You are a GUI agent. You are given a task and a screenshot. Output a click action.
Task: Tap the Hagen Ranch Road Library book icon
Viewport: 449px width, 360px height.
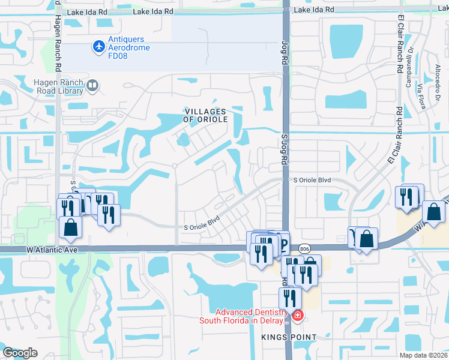(x=92, y=86)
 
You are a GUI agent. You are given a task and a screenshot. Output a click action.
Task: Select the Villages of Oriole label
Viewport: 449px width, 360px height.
(x=205, y=116)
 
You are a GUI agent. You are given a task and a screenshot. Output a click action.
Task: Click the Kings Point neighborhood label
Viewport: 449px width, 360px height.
(x=288, y=338)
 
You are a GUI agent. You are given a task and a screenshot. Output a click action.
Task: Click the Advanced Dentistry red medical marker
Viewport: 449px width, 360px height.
(x=297, y=314)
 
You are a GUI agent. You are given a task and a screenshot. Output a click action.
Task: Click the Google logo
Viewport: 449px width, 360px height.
(x=20, y=352)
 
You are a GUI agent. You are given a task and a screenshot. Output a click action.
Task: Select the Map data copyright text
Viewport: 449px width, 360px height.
(x=422, y=355)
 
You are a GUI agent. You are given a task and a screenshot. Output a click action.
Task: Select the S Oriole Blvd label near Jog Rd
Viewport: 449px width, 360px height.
(x=312, y=179)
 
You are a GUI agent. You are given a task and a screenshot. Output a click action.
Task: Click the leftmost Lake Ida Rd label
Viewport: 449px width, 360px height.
(x=87, y=12)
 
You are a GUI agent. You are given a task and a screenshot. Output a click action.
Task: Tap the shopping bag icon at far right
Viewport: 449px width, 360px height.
(x=433, y=212)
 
